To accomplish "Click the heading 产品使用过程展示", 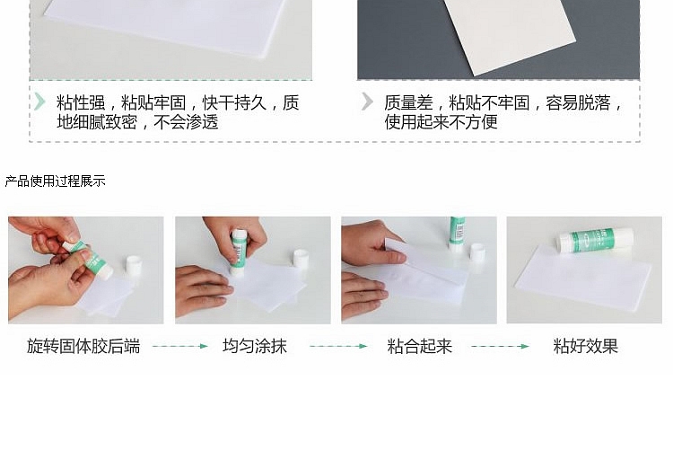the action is pos(55,181).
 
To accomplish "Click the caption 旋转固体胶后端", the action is pos(83,346).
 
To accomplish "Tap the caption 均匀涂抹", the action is pos(255,346).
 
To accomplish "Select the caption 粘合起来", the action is pos(419,346).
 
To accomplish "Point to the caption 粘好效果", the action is pos(585,346).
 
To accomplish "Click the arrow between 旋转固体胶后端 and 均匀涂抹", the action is pos(180,346).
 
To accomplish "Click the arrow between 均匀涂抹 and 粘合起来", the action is pos(338,346).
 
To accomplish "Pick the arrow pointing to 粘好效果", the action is pos(501,346).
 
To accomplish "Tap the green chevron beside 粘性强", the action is pos(39,102).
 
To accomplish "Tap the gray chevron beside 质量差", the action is pos(367,102).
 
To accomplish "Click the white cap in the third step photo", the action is pos(476,252).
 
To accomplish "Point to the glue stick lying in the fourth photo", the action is pos(596,240).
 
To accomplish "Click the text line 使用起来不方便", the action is pos(441,122).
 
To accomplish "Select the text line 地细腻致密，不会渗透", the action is pos(137,122).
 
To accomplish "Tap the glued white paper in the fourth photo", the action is pos(584,278).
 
